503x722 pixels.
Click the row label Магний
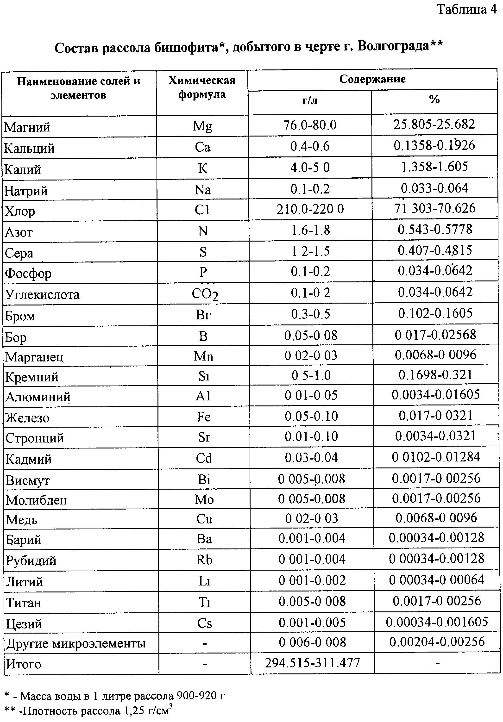pos(27,127)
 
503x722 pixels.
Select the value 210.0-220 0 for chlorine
pos(310,209)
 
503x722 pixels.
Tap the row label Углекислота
pos(43,295)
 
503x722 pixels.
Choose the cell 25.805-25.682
pos(434,124)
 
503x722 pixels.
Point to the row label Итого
pos(24,664)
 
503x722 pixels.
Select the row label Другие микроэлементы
pos(76,643)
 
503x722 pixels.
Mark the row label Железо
pos(27,418)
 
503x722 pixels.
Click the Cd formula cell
pos(204,459)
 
